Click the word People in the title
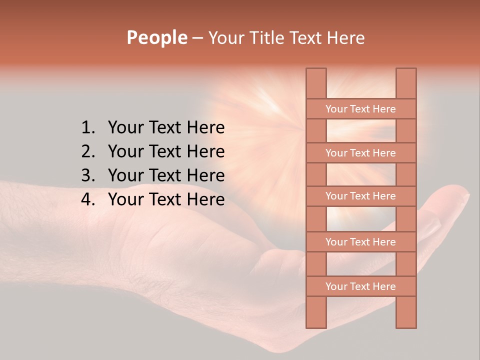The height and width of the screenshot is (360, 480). click(156, 38)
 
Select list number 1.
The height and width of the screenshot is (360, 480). click(87, 128)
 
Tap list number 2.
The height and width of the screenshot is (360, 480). click(87, 151)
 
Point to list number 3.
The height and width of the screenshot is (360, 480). click(87, 175)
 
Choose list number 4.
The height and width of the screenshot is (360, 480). click(87, 199)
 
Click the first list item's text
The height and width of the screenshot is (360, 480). click(166, 128)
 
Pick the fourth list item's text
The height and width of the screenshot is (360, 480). click(166, 199)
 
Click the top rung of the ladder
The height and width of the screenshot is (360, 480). click(360, 109)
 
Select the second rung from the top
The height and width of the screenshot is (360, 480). click(360, 153)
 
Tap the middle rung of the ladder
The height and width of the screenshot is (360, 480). click(360, 196)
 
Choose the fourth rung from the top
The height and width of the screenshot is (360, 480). click(360, 242)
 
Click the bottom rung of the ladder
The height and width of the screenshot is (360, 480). click(360, 286)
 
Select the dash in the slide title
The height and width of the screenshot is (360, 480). click(197, 38)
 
